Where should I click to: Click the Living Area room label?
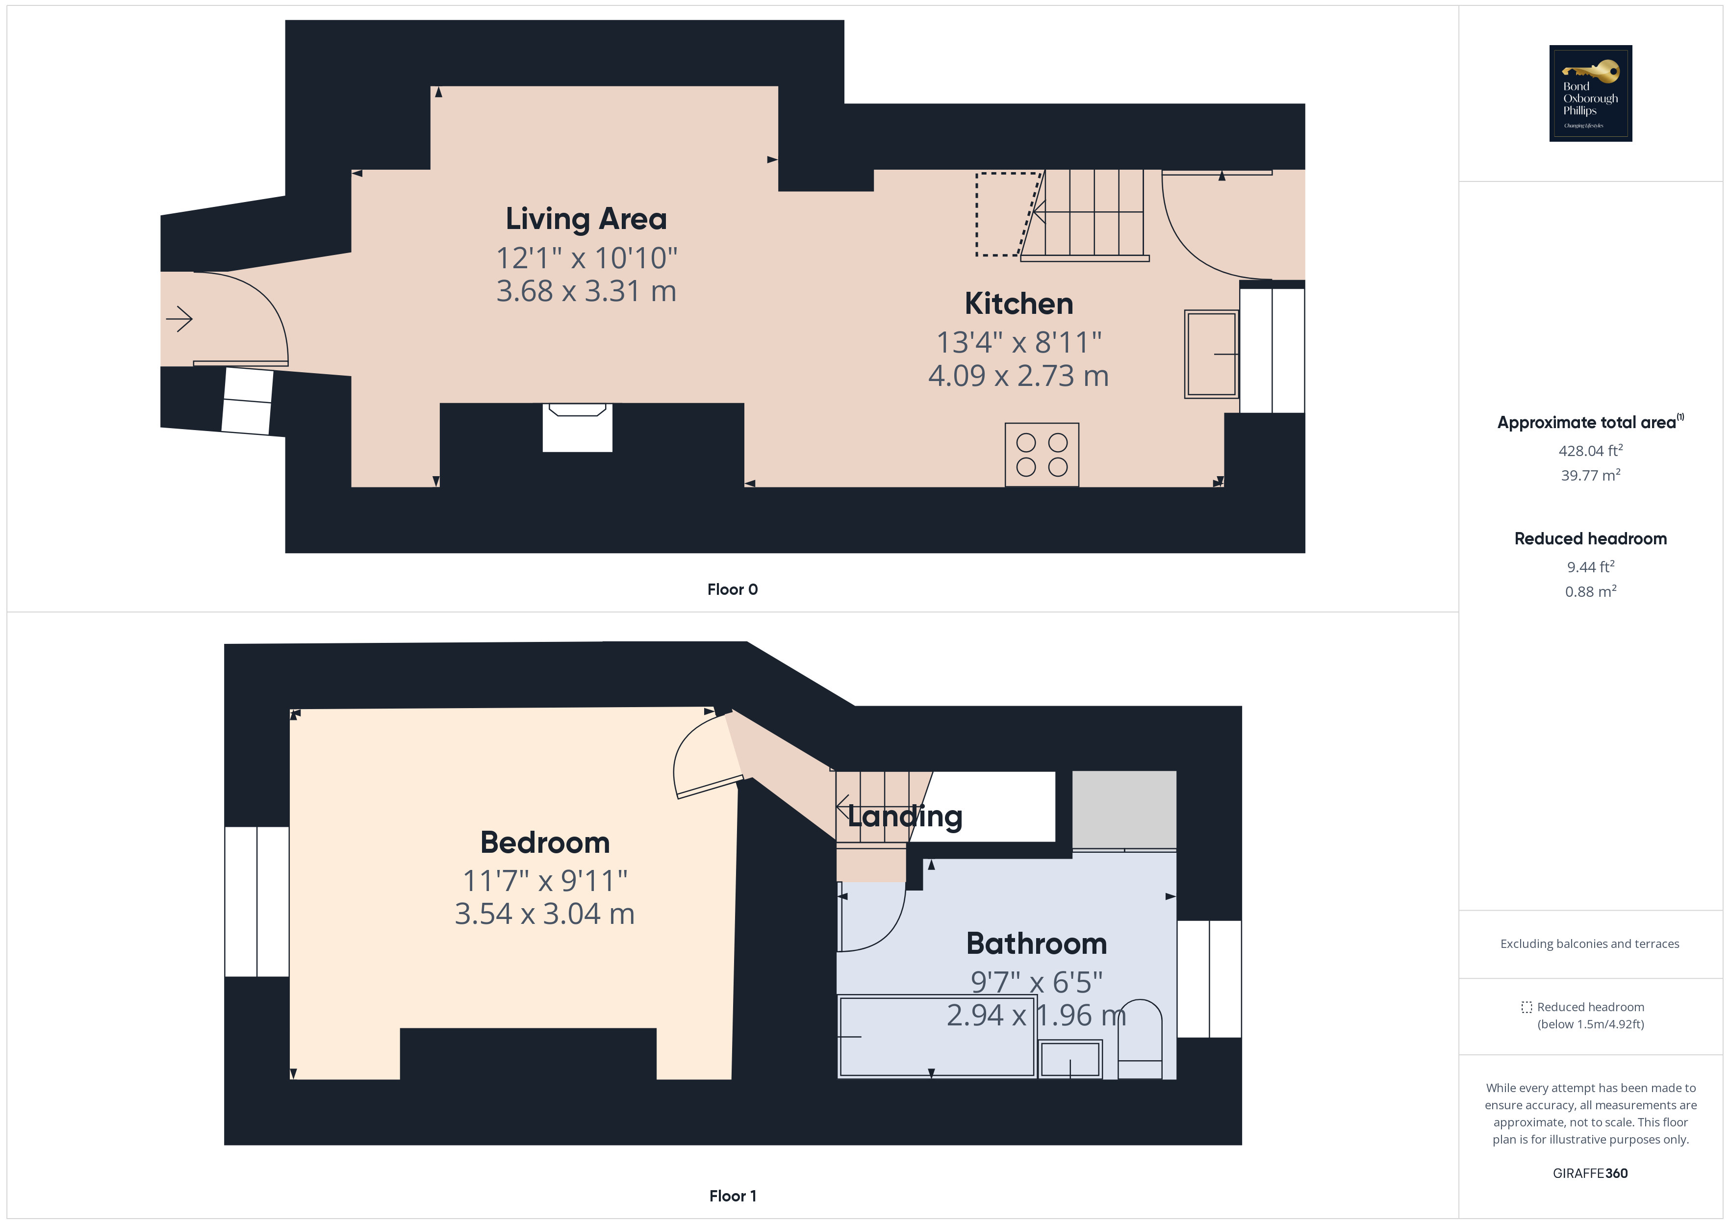coord(586,219)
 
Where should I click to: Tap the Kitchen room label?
coord(1018,304)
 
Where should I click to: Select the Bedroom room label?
coord(545,842)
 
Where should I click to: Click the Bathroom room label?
coord(1036,943)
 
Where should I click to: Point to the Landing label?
coord(904,816)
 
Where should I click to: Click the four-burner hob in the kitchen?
coord(1042,455)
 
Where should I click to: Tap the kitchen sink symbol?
coord(1211,354)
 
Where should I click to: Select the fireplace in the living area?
coord(577,427)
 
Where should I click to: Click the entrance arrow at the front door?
coord(179,319)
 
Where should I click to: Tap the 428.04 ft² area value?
coord(1590,451)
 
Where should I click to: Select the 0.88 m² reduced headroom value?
coord(1590,592)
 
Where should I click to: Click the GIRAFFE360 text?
coord(1590,1173)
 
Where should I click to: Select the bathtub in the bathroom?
coord(937,1036)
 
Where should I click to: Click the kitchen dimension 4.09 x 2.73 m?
coord(1018,375)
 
